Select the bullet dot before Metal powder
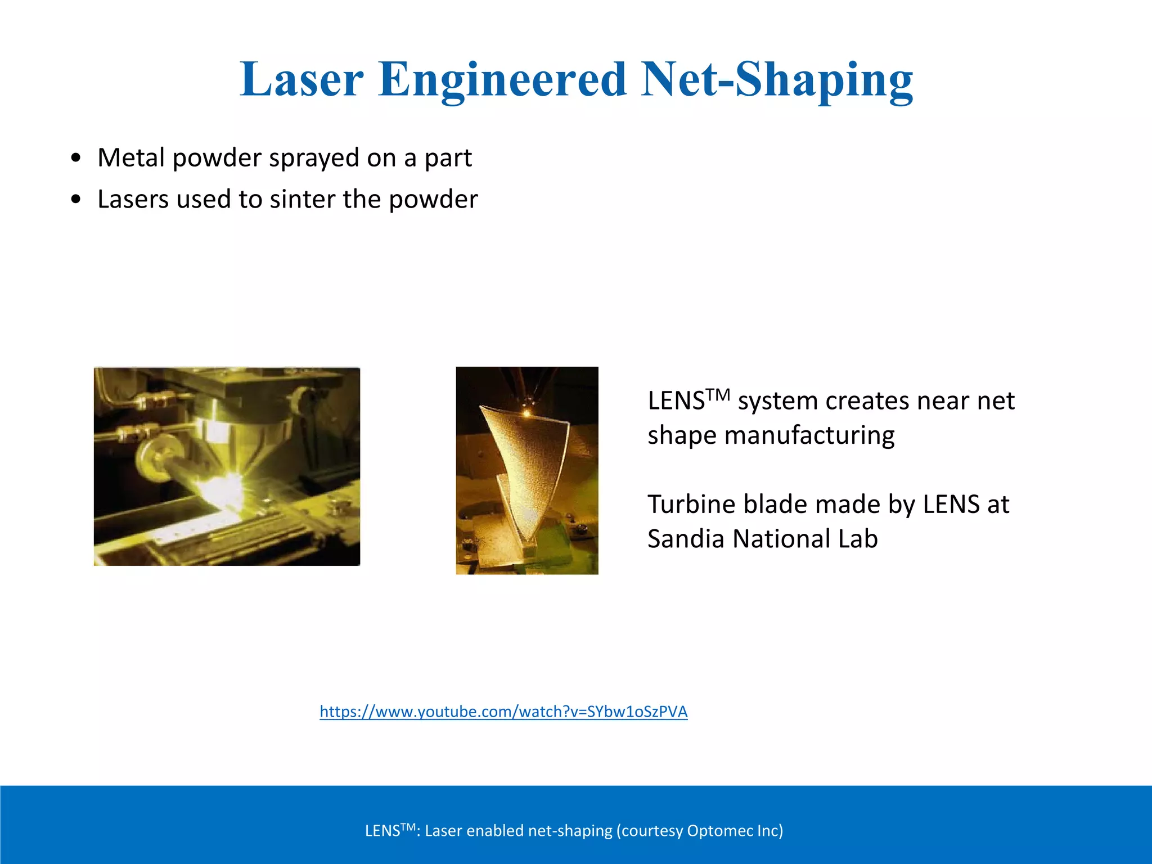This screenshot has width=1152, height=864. [76, 157]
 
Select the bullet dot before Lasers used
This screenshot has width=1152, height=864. [76, 199]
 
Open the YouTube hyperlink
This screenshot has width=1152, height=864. [503, 712]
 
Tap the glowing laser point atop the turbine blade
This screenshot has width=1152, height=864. [527, 412]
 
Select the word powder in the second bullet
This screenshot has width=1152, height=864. [433, 199]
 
